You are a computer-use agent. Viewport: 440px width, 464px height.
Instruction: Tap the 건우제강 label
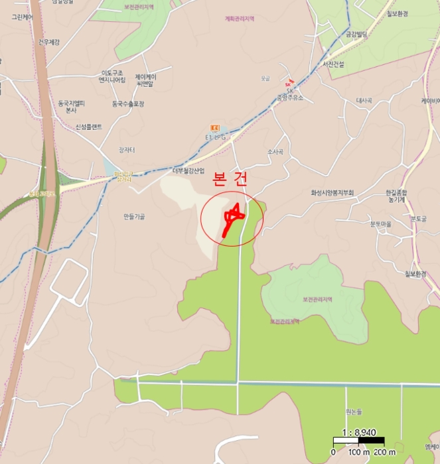click(49, 42)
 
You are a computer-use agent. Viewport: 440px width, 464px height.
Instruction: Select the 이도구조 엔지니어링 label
click(113, 76)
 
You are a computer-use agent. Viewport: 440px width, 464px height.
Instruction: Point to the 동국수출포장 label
click(128, 103)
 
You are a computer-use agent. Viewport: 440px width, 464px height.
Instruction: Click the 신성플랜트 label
click(88, 127)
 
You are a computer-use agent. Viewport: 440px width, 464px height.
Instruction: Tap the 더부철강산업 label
click(188, 170)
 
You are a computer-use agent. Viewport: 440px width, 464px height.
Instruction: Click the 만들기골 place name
click(134, 217)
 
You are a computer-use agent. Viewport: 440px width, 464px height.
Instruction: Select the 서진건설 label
click(333, 64)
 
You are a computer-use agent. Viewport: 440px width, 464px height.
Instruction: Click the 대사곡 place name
click(364, 101)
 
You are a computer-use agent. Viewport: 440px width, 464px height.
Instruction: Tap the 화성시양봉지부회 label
click(332, 193)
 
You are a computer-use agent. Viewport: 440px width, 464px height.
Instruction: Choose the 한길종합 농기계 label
click(396, 196)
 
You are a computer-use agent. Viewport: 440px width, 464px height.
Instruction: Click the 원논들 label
click(354, 411)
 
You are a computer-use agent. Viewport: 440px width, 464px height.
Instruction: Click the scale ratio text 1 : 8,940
click(358, 431)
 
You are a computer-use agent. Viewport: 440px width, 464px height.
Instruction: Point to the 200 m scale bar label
click(376, 452)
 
